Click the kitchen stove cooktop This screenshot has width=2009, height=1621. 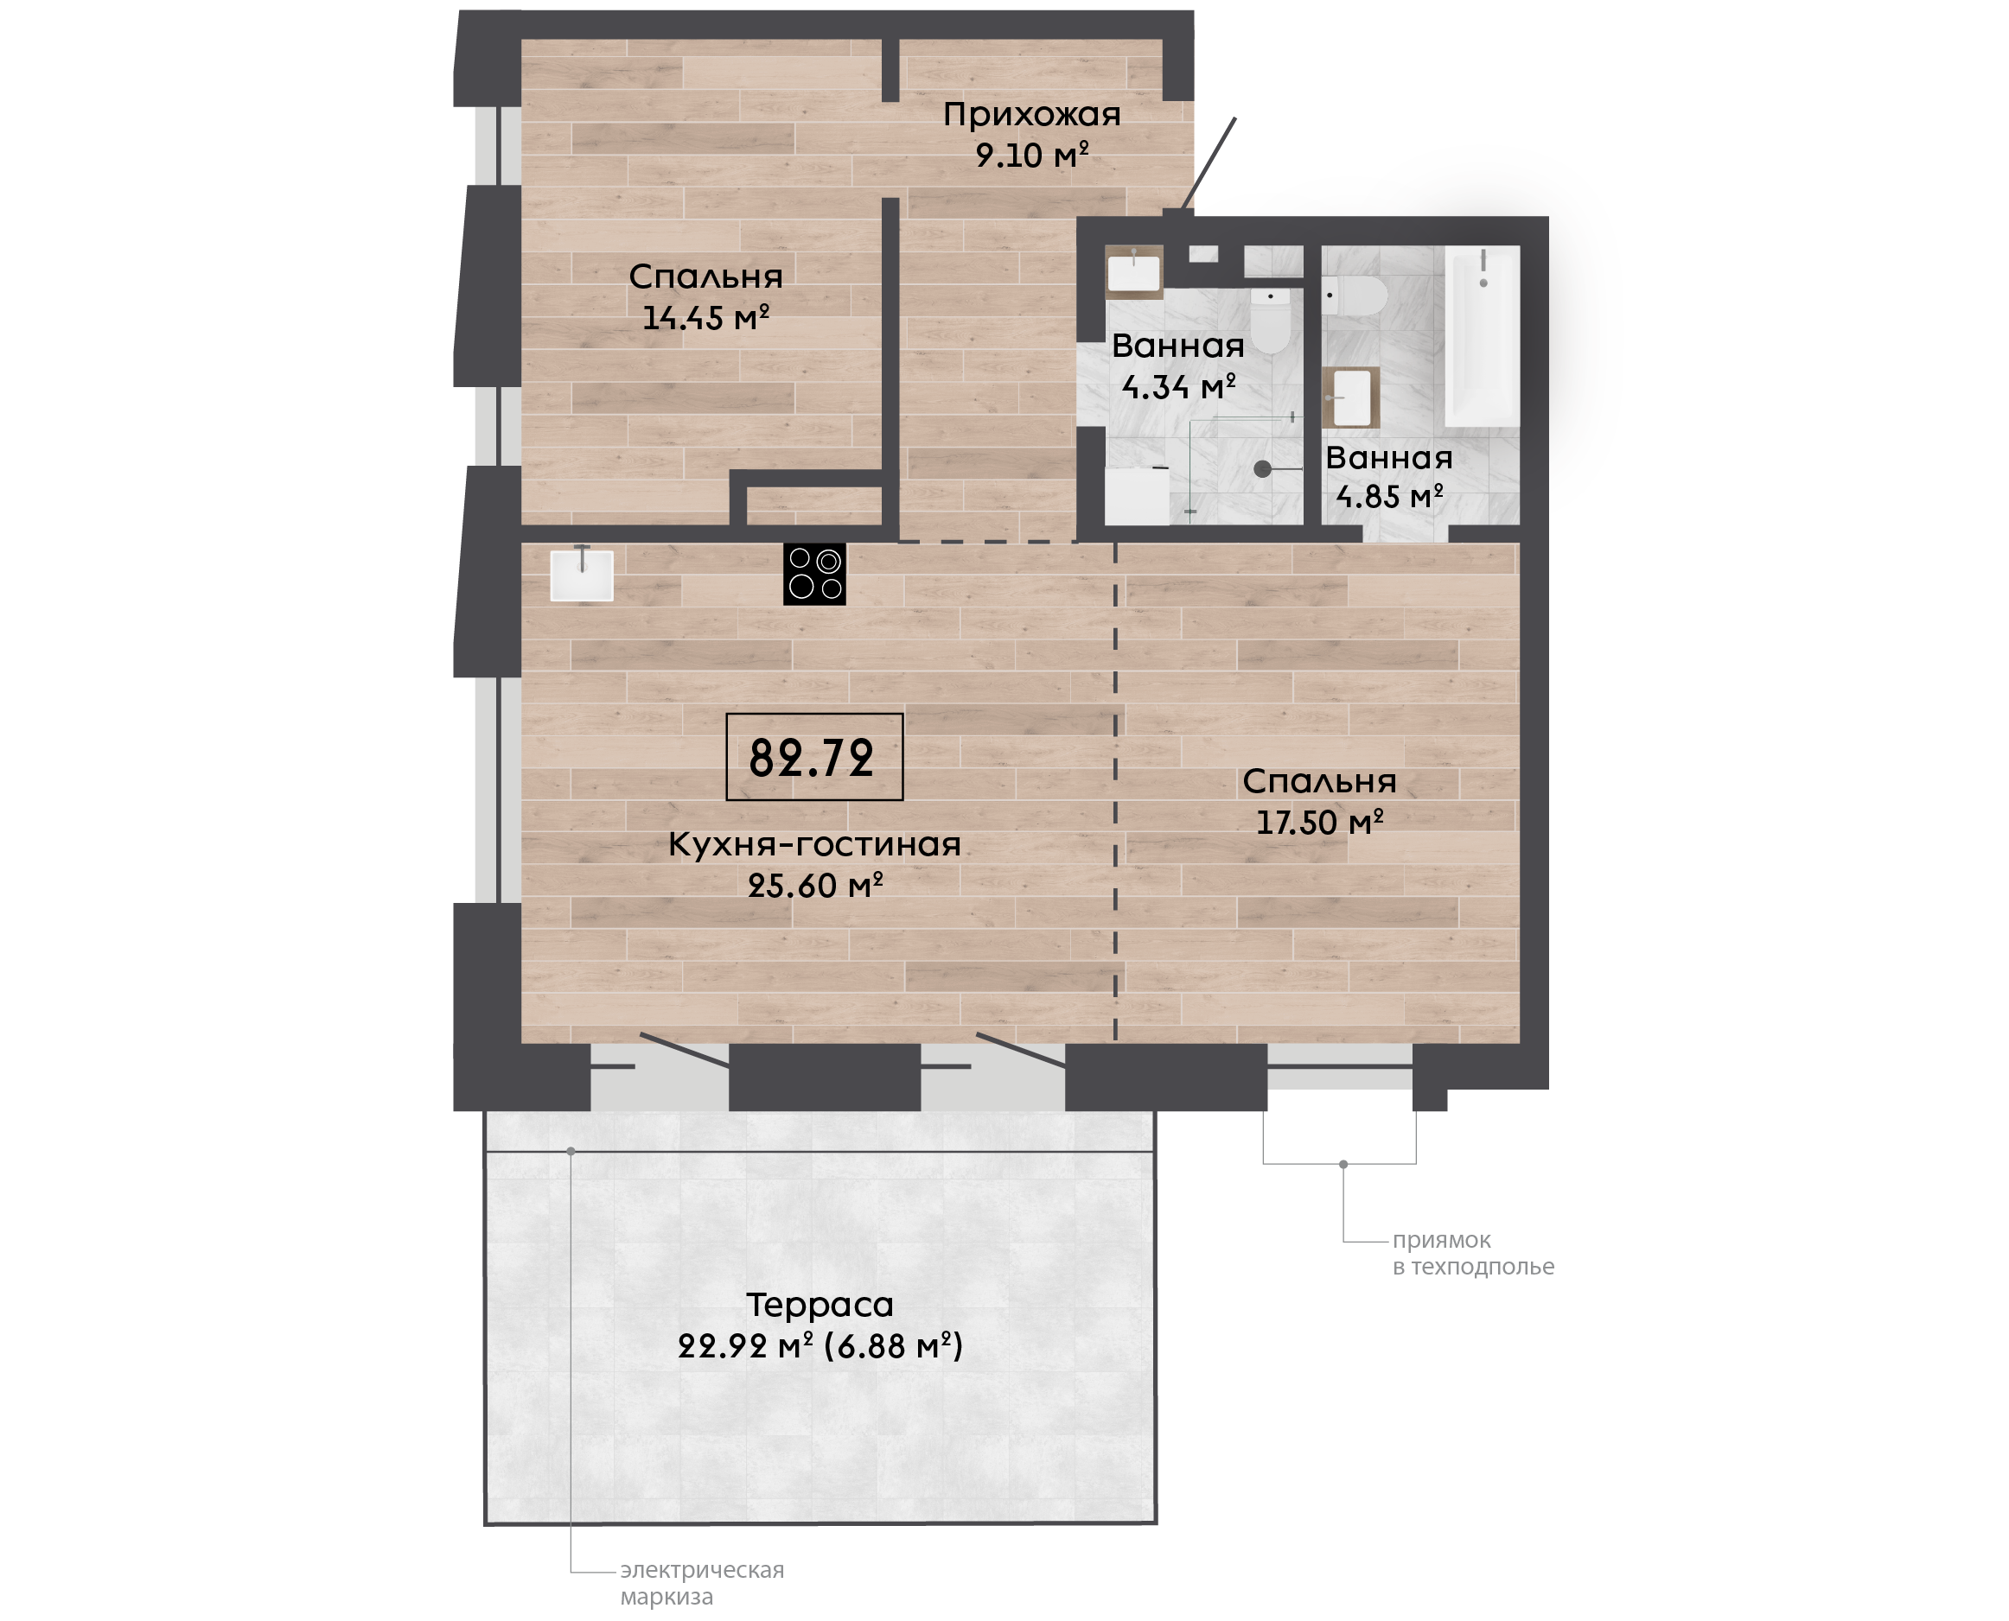814,575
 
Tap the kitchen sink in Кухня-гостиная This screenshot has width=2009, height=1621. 582,575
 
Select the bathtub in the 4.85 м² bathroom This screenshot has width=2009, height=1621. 1483,336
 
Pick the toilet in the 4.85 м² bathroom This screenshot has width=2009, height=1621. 1355,296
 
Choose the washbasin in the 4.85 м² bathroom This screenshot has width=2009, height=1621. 1350,397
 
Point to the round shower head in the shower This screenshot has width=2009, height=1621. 1263,468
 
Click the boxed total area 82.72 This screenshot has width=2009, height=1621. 814,757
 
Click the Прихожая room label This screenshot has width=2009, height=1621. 1031,115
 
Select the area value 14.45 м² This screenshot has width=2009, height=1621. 706,317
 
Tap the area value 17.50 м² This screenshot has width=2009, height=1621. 1320,822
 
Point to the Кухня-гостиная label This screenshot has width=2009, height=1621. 814,844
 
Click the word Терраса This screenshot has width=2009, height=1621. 820,1305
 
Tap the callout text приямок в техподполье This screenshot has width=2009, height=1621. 1473,1253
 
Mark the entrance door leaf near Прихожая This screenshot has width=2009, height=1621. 1209,164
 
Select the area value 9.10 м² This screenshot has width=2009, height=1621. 1032,154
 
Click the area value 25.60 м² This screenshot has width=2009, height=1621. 815,885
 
